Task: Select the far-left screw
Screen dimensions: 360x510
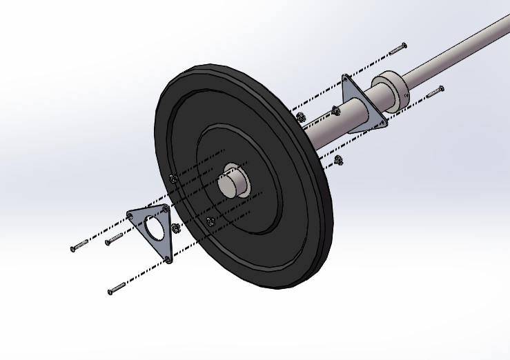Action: (x=79, y=246)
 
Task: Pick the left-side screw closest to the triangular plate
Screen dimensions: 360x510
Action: (x=113, y=239)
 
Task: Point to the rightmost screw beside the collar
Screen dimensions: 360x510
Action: (x=435, y=91)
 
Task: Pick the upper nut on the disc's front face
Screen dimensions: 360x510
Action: (x=173, y=179)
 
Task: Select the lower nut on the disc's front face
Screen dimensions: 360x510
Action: (x=210, y=221)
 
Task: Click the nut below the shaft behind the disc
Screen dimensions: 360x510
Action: (x=338, y=161)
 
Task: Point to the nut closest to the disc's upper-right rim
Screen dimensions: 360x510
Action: (x=300, y=116)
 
